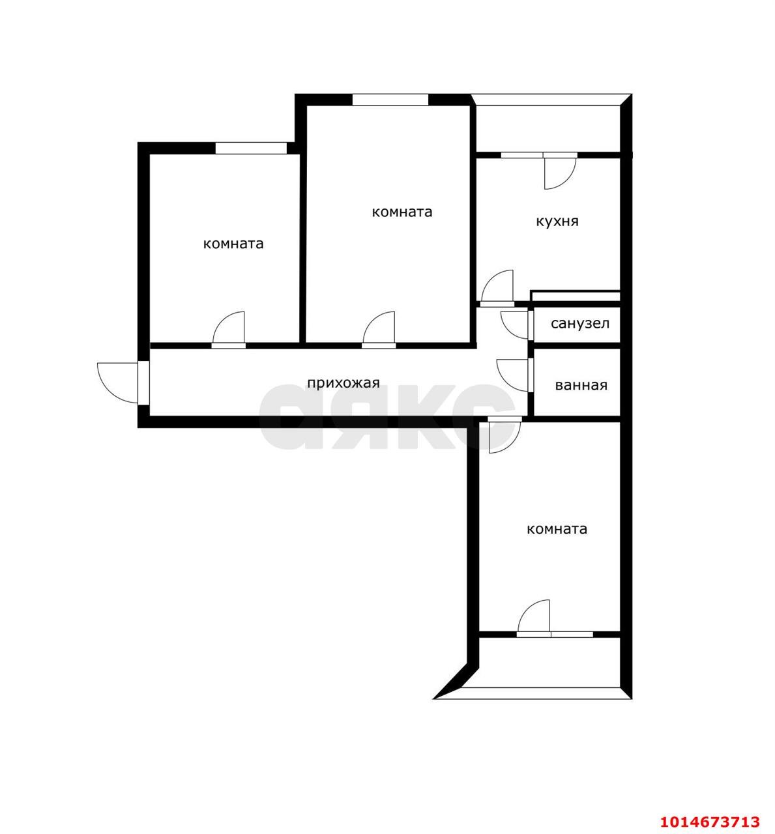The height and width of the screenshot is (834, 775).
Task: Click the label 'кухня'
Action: point(557,222)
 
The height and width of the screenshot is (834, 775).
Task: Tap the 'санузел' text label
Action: point(579,323)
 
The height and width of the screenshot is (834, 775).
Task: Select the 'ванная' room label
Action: point(581,385)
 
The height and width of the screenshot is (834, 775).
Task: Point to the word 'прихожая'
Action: point(343,383)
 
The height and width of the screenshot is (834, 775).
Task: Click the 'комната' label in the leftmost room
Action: point(233,244)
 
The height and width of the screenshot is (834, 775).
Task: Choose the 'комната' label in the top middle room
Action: point(402,212)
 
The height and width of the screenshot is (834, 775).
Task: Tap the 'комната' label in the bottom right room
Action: point(556,529)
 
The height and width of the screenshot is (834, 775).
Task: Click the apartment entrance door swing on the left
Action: point(116,382)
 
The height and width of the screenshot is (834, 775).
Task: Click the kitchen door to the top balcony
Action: point(558,171)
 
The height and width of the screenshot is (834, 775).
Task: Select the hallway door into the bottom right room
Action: point(503,434)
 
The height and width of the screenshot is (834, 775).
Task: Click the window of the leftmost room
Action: point(251,149)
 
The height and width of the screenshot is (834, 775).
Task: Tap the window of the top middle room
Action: point(390,100)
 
